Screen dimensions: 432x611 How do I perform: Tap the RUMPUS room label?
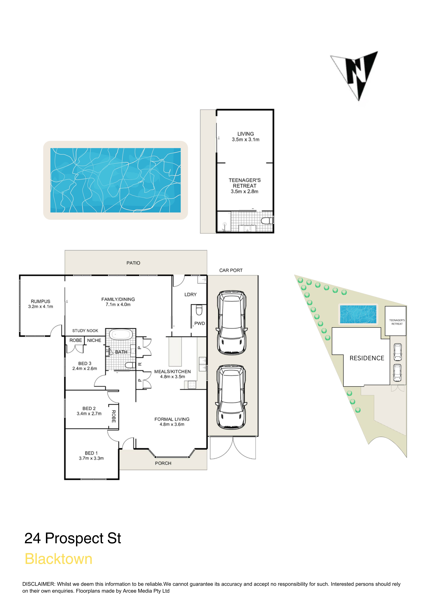[40, 301]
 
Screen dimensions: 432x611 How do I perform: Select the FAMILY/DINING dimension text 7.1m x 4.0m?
[118, 304]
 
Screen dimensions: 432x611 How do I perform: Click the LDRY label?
[190, 295]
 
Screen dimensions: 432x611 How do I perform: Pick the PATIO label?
[133, 263]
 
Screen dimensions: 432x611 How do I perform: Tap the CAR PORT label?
[231, 270]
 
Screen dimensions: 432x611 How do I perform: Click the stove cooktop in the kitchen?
[192, 385]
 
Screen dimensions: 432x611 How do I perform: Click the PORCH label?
[163, 463]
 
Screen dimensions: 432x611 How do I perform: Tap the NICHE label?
[94, 340]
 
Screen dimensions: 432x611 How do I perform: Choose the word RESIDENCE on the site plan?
[367, 358]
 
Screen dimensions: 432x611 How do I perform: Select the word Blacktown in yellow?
[59, 559]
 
